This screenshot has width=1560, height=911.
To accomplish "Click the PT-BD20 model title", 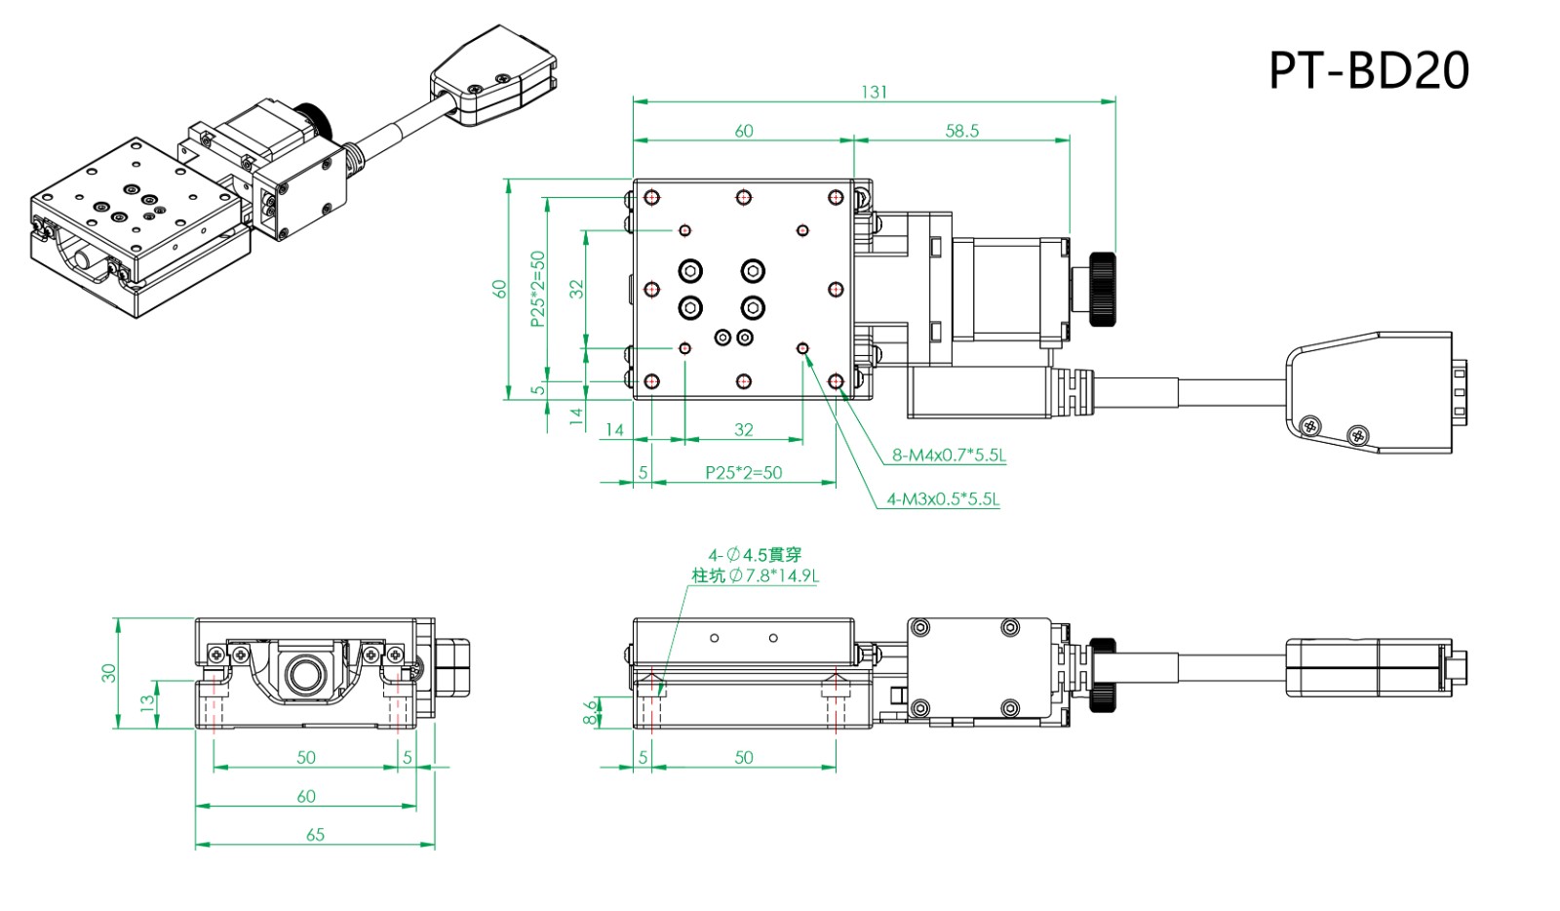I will coord(1368,70).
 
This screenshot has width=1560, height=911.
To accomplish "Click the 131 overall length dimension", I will coord(874,92).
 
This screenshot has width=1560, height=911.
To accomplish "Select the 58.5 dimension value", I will coord(961,131).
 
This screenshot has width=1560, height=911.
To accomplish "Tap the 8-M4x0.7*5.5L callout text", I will coord(949,455).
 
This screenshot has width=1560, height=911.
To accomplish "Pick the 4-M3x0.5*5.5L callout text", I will coord(943,499).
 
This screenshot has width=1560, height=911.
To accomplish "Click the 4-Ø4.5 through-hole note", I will coord(754,554).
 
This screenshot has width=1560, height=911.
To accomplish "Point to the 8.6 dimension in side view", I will coord(590,712).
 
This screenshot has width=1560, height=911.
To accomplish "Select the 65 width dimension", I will coord(315,835).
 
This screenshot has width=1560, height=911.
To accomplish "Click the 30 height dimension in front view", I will coord(108,673).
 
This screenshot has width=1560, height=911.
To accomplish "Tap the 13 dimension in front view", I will coord(147,703).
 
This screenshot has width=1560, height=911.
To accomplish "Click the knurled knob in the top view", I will coord(1103,289).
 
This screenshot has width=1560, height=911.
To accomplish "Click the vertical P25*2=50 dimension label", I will coord(537,289).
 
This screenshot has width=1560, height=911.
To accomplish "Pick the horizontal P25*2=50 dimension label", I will coord(743,473).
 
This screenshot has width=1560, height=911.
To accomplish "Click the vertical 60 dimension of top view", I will coord(499,289).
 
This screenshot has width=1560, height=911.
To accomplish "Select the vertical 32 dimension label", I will coord(576,289).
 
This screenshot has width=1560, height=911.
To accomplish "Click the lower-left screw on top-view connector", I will coord(1311,424).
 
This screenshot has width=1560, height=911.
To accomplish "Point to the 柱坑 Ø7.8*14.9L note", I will coord(756,575).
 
